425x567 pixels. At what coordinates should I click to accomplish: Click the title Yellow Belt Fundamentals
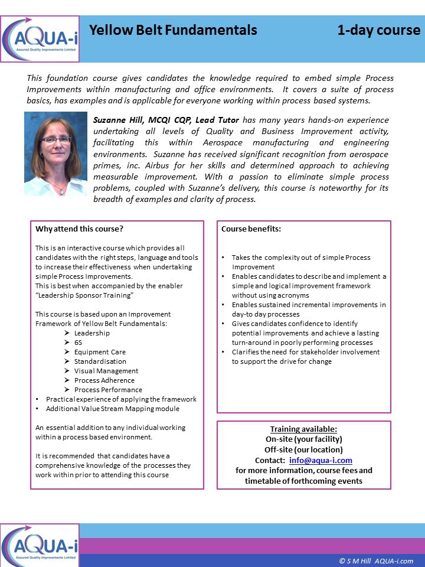click(173, 30)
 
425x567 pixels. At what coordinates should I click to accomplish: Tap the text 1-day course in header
click(378, 30)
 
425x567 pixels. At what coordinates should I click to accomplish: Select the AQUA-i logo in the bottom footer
click(40, 545)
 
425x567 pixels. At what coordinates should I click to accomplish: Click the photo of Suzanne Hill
click(55, 154)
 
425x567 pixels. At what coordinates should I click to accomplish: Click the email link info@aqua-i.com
click(321, 460)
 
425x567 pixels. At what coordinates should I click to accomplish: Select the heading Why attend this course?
click(80, 229)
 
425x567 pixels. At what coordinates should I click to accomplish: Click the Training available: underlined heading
click(303, 429)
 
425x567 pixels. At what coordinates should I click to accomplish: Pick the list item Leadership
click(91, 333)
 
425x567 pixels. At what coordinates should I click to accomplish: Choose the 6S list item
click(79, 343)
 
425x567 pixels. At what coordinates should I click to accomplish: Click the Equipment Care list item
click(100, 352)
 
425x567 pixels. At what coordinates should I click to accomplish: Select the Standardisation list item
click(100, 361)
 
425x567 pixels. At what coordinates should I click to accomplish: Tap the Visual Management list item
click(106, 371)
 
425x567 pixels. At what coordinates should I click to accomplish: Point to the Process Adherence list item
click(104, 380)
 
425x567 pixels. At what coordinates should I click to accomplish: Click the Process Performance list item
click(108, 390)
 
